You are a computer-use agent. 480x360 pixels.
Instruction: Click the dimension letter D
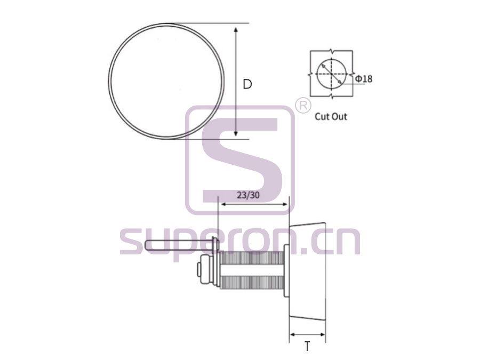247,84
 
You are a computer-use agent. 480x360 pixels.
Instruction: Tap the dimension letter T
307,346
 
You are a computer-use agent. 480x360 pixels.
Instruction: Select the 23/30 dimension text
248,195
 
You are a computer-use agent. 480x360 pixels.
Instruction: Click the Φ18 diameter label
364,79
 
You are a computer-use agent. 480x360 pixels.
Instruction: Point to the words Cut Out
331,117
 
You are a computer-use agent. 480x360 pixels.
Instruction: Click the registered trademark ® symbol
303,106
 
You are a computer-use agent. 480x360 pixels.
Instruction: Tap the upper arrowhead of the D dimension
236,30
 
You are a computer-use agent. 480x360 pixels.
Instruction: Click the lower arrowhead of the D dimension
236,134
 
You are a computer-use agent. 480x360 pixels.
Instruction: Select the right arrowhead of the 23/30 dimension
285,204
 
